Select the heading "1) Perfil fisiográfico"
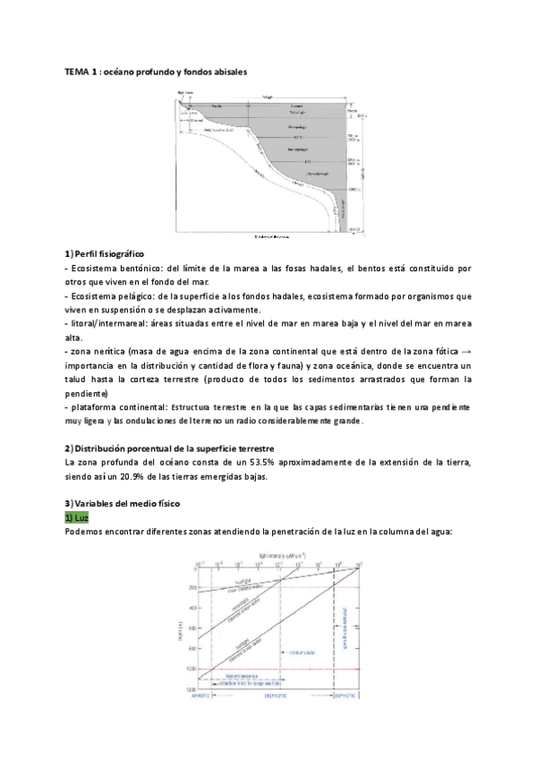point(106,254)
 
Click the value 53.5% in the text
point(247,462)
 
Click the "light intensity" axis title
point(277,556)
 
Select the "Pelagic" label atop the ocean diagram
point(268,97)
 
